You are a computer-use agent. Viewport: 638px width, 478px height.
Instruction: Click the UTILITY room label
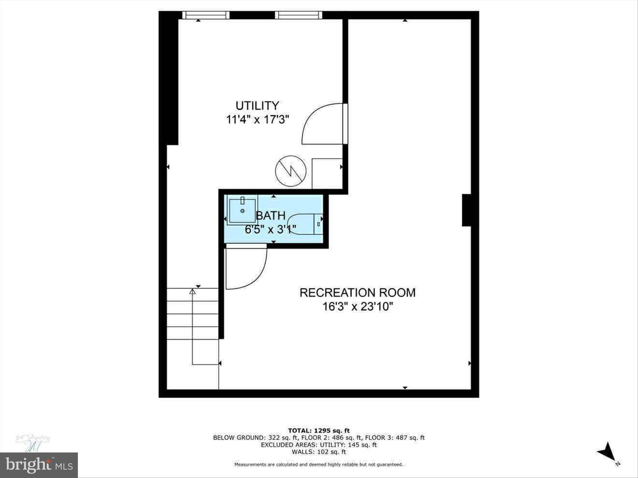click(257, 106)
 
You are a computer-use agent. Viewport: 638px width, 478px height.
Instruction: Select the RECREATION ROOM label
click(357, 293)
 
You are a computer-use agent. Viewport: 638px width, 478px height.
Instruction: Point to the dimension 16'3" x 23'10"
click(357, 307)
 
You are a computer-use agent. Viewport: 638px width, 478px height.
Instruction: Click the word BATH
click(270, 215)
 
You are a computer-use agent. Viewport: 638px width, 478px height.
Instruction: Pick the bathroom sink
click(242, 211)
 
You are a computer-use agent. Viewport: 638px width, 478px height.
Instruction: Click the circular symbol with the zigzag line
click(291, 171)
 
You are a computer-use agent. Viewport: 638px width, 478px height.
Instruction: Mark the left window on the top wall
click(206, 15)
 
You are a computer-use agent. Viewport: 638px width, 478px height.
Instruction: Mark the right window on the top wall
click(298, 15)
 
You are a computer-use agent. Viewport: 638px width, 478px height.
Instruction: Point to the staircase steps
click(193, 314)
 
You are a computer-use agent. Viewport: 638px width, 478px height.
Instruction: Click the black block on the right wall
click(466, 210)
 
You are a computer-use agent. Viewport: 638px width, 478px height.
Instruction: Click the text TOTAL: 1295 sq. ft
click(319, 431)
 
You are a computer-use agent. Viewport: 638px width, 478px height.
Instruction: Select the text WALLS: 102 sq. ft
click(319, 452)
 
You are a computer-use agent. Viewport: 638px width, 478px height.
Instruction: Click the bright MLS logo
click(39, 465)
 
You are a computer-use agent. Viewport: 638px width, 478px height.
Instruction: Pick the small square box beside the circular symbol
click(327, 173)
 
